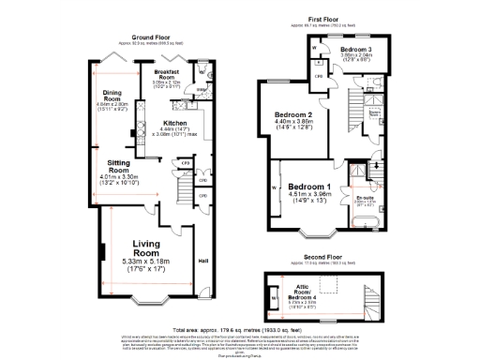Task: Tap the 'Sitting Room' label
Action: click(x=119, y=166)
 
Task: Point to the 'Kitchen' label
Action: click(x=176, y=123)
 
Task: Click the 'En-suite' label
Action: click(x=365, y=199)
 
